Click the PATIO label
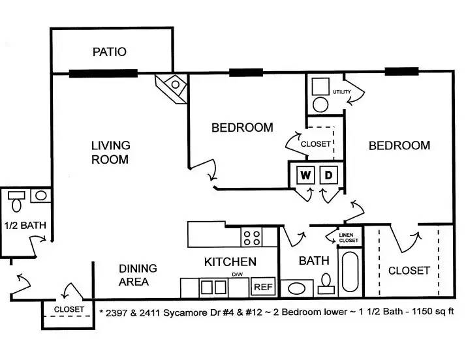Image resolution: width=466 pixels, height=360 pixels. [x=110, y=52]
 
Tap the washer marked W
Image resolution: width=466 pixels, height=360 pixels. [x=305, y=175]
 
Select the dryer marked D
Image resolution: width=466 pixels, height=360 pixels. [x=328, y=175]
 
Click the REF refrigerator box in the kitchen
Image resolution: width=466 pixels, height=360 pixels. [x=263, y=287]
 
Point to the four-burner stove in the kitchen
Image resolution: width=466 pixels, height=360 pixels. [x=252, y=237]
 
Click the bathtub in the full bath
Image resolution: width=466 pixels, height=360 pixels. [x=350, y=272]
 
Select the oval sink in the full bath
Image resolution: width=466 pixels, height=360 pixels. [x=296, y=288]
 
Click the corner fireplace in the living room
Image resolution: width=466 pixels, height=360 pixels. [x=172, y=89]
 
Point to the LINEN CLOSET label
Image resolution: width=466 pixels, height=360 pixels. [x=349, y=237]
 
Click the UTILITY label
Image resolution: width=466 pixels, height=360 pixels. [x=341, y=92]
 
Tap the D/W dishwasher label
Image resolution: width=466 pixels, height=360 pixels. [x=237, y=275]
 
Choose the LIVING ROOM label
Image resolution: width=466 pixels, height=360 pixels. [x=110, y=153]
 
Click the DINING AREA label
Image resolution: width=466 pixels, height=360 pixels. [x=138, y=275]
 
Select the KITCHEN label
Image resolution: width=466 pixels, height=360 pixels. [x=230, y=262]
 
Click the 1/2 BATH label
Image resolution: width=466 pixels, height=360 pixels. [x=25, y=225]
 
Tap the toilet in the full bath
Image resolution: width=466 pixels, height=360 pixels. [x=326, y=284]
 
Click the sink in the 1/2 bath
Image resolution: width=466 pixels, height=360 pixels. [x=40, y=196]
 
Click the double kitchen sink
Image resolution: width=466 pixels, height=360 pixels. [x=213, y=287]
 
